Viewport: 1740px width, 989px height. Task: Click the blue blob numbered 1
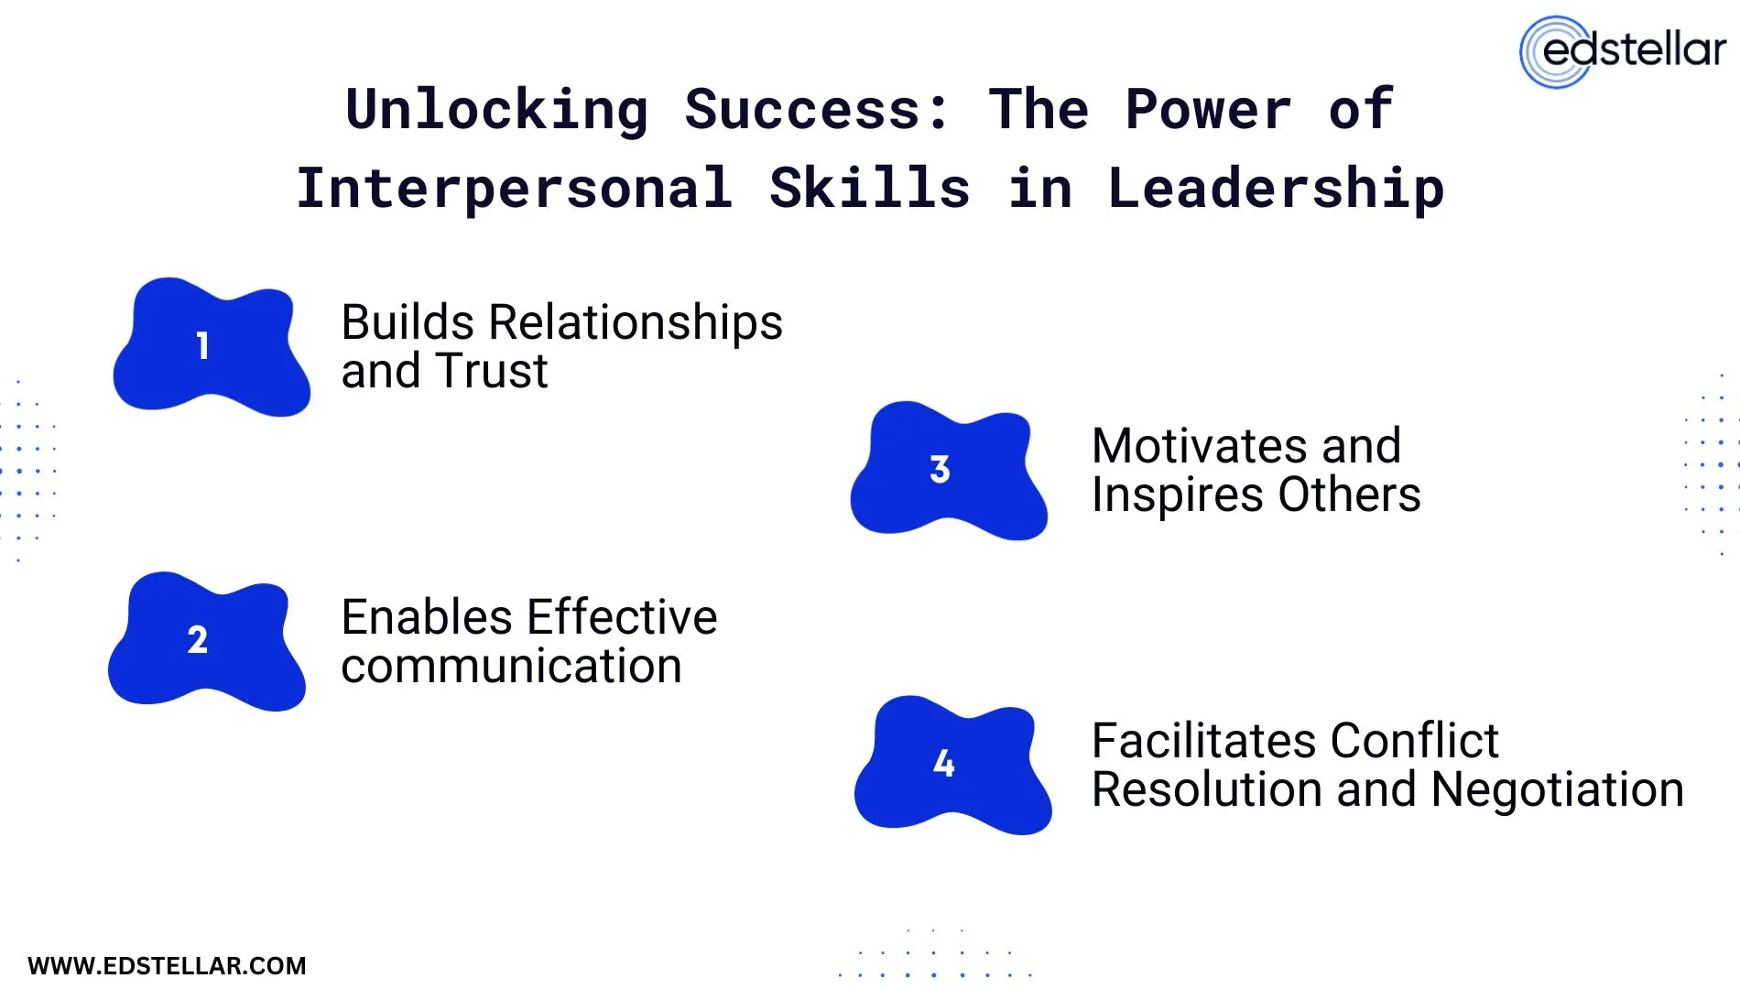[x=211, y=347]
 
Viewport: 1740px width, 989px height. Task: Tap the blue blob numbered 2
[x=206, y=641]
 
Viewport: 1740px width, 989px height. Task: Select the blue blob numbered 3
[x=948, y=471]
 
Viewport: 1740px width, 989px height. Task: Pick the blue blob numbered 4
[x=952, y=765]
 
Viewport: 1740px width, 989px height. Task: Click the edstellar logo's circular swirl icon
[x=1555, y=52]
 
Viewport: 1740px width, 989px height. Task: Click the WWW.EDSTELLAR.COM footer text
[x=167, y=966]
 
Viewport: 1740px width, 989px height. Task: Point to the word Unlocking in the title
[x=497, y=110]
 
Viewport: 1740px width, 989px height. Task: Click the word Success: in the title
[x=818, y=110]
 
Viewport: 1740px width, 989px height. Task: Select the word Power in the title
[x=1208, y=110]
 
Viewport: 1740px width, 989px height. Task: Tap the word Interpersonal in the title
[x=514, y=188]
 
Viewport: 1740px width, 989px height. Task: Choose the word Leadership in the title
[x=1276, y=188]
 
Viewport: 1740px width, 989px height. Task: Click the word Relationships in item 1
[x=636, y=322]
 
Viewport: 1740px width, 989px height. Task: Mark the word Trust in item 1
[x=491, y=371]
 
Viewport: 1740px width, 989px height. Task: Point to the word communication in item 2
[x=511, y=666]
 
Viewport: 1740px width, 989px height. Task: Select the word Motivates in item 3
[x=1199, y=446]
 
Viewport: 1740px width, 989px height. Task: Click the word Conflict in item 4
[x=1414, y=741]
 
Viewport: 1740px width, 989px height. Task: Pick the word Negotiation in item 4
[x=1557, y=789]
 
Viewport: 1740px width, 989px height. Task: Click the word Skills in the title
[x=869, y=188]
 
